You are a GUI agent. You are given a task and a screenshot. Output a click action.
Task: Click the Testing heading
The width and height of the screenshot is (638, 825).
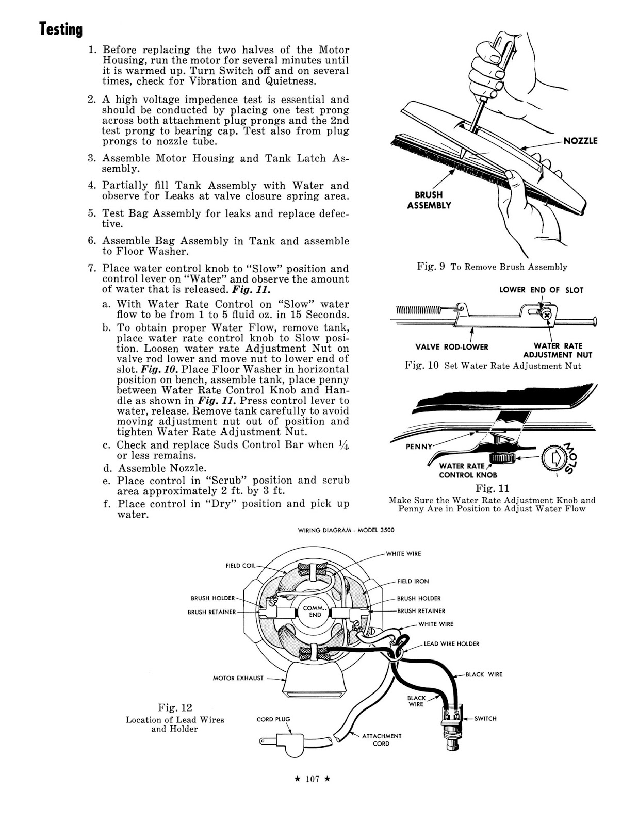tap(61, 30)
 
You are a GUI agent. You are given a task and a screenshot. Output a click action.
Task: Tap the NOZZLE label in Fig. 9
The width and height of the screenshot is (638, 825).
tap(580, 141)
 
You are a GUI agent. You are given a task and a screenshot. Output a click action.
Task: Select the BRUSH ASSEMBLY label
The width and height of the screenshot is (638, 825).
tap(429, 200)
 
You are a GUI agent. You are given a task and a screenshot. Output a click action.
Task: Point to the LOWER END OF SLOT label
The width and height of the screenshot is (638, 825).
tap(541, 290)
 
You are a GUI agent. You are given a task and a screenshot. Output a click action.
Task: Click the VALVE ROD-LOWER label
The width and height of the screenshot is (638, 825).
tap(452, 346)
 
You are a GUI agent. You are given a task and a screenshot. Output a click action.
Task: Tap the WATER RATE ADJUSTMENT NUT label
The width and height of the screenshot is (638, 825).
tap(558, 351)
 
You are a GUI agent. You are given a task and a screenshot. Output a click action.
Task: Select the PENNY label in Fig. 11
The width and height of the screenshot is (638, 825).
tap(418, 447)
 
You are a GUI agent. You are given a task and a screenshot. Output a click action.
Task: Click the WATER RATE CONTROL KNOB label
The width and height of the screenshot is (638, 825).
tap(468, 470)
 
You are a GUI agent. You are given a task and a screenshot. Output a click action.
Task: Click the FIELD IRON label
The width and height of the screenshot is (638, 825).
tap(413, 581)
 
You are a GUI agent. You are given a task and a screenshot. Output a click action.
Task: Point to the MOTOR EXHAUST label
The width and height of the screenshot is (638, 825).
tap(238, 678)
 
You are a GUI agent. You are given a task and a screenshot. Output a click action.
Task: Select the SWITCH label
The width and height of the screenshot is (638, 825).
tap(485, 718)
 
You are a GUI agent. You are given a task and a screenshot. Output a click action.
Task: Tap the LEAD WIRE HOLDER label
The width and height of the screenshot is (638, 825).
tap(451, 643)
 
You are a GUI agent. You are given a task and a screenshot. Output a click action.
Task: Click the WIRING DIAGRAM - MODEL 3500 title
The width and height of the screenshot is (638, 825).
tap(342, 531)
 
